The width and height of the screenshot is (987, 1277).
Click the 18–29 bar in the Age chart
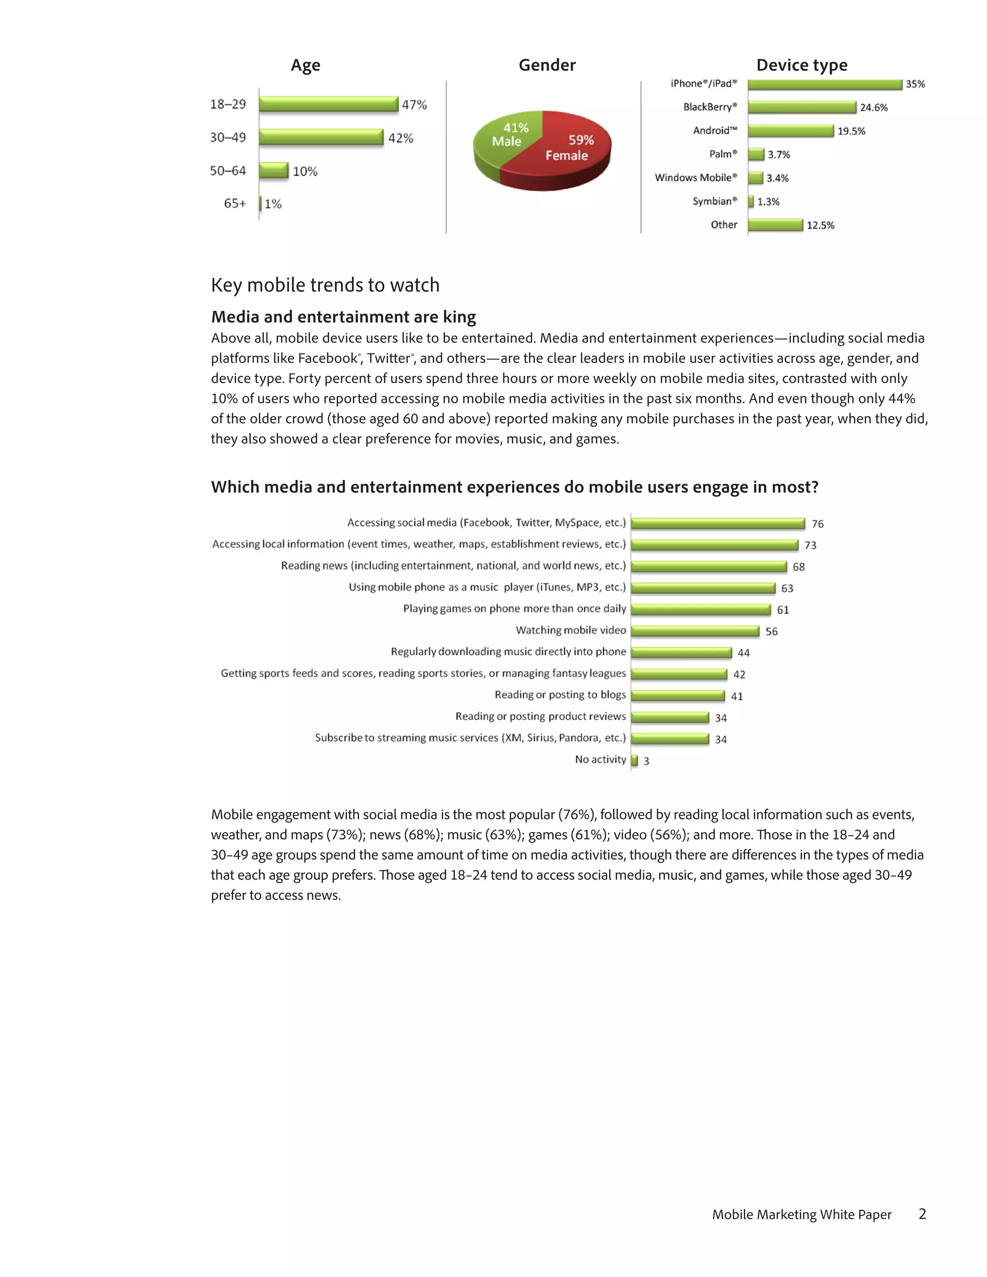pyautogui.click(x=328, y=104)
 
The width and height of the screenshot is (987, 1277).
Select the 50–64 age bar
pyautogui.click(x=274, y=171)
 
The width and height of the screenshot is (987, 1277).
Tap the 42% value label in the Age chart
pyautogui.click(x=400, y=138)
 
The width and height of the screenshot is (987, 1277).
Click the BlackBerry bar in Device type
pyautogui.click(x=801, y=107)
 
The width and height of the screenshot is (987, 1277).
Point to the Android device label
pyautogui.click(x=715, y=131)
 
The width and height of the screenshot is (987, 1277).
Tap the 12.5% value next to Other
pyautogui.click(x=820, y=225)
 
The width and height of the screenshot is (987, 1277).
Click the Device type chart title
pyautogui.click(x=801, y=65)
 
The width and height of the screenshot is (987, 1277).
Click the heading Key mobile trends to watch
pyautogui.click(x=325, y=285)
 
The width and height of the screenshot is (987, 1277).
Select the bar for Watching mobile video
pyautogui.click(x=694, y=631)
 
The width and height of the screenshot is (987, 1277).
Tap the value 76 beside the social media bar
pyautogui.click(x=817, y=524)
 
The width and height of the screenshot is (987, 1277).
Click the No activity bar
pyautogui.click(x=634, y=760)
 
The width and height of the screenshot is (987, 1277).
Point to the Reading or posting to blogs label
pyautogui.click(x=560, y=694)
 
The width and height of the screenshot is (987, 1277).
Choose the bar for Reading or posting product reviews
pyautogui.click(x=670, y=718)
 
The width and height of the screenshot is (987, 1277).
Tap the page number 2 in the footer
pyautogui.click(x=922, y=1214)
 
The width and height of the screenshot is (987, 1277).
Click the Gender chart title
pyautogui.click(x=547, y=65)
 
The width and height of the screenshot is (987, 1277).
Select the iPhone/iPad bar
pyautogui.click(x=825, y=84)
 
